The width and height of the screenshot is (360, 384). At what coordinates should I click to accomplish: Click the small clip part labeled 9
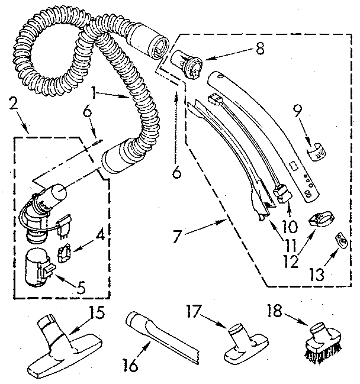tap(319, 151)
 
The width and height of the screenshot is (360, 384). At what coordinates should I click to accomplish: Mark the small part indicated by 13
tap(340, 240)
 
